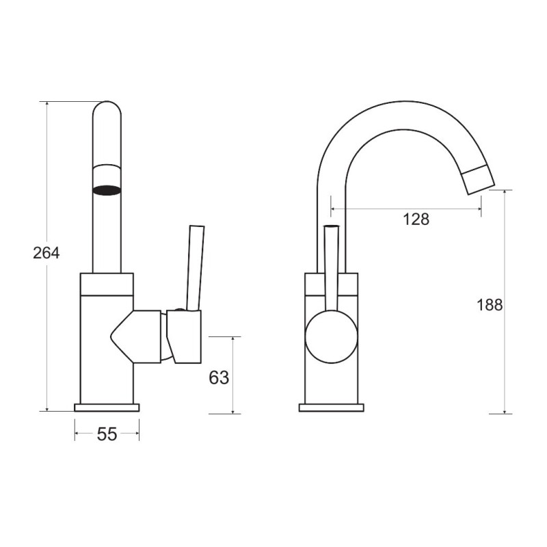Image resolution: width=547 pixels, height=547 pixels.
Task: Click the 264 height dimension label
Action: coord(46,253)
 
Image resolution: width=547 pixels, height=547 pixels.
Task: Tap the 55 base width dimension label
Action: coord(107,434)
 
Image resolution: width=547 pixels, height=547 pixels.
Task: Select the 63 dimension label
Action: coord(219,377)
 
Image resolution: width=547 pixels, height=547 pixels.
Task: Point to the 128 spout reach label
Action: coord(416,219)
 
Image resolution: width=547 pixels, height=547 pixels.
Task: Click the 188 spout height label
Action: coord(490,305)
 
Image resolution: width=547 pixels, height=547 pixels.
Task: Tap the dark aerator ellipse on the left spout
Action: coord(107,190)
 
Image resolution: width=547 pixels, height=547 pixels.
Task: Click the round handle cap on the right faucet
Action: coord(332,336)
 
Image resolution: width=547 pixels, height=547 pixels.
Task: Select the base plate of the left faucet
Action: coord(107,408)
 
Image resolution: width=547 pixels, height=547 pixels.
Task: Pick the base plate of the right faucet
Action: coord(332,408)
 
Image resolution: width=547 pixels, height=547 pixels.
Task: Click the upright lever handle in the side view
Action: coord(195,268)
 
